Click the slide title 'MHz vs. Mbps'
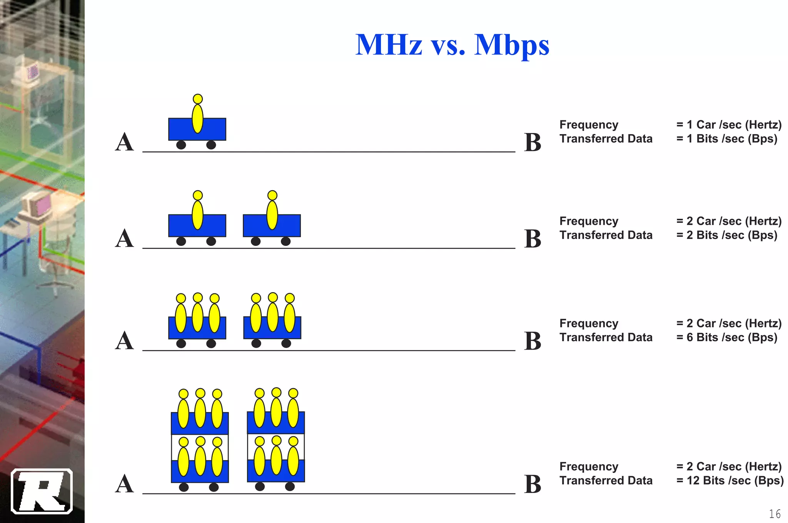(452, 45)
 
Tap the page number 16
(775, 514)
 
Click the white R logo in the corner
(42, 491)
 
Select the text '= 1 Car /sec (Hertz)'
(729, 125)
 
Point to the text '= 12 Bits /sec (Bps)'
(730, 480)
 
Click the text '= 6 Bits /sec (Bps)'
(727, 337)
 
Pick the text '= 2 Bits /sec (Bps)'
(727, 235)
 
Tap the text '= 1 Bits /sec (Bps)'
(727, 138)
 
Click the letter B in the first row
(533, 143)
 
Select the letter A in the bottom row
(124, 484)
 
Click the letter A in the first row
(124, 142)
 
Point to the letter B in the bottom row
(533, 484)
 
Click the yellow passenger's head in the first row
(198, 99)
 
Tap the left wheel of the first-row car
(181, 145)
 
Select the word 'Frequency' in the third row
(589, 323)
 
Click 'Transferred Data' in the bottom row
(606, 480)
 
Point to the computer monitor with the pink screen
(38, 205)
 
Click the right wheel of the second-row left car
(211, 241)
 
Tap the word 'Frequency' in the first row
(589, 125)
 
